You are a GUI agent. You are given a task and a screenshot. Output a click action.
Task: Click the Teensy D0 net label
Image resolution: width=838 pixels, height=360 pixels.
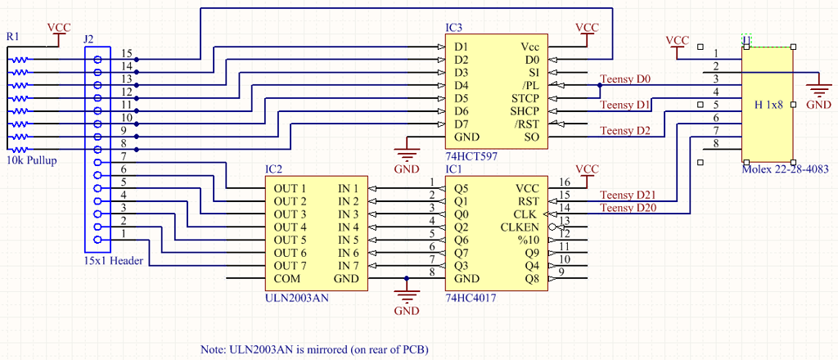coord(625,79)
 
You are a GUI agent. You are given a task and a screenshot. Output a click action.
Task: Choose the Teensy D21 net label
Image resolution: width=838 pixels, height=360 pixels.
coord(628,194)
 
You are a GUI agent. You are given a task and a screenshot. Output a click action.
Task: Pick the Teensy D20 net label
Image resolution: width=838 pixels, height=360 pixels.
coord(628,208)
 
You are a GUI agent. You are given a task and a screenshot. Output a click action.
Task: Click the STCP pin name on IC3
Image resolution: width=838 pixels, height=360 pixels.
coord(525,98)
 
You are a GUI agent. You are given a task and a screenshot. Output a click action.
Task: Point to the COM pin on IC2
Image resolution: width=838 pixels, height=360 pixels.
coord(276,278)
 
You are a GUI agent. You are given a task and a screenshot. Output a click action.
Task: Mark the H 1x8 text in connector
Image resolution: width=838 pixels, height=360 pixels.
coord(768,104)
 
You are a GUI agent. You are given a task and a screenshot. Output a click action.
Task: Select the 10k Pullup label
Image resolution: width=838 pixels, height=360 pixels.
coord(31,160)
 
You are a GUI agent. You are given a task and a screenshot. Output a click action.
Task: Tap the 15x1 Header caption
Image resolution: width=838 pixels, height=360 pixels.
coord(113,262)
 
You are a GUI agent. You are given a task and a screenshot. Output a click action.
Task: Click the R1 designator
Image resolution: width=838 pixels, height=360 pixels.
coord(11,37)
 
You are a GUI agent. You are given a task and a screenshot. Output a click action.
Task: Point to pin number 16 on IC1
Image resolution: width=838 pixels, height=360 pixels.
coord(563,182)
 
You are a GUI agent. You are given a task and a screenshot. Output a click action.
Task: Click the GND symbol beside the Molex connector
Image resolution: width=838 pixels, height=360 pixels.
coord(818,91)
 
